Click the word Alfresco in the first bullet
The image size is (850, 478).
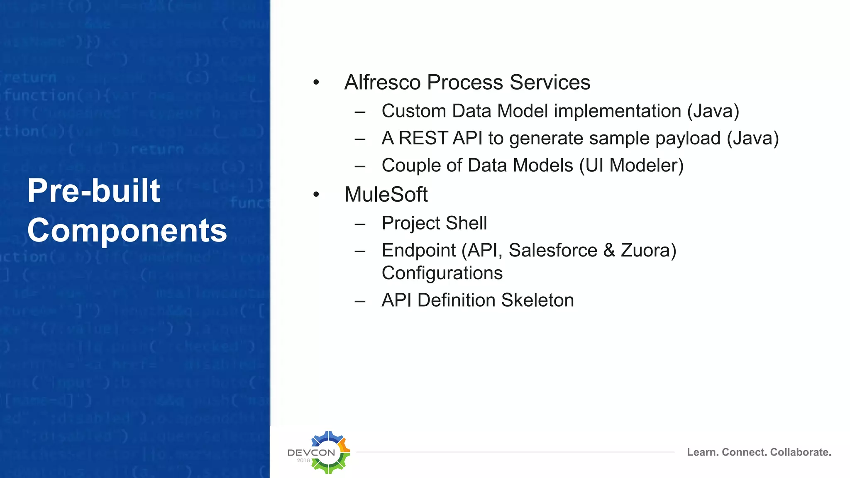point(382,82)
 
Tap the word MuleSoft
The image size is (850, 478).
point(386,194)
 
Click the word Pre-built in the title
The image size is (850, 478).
point(94,190)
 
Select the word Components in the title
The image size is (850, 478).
point(127,230)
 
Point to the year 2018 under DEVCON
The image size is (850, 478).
point(303,461)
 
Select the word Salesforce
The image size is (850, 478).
point(553,250)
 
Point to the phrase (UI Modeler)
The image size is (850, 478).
point(631,165)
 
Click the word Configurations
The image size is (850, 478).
point(442,273)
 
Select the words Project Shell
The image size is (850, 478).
point(434,223)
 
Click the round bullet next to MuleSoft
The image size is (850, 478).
point(316,194)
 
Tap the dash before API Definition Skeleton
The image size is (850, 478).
point(360,300)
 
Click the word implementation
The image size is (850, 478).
point(618,111)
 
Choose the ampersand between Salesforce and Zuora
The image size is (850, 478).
point(609,250)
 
